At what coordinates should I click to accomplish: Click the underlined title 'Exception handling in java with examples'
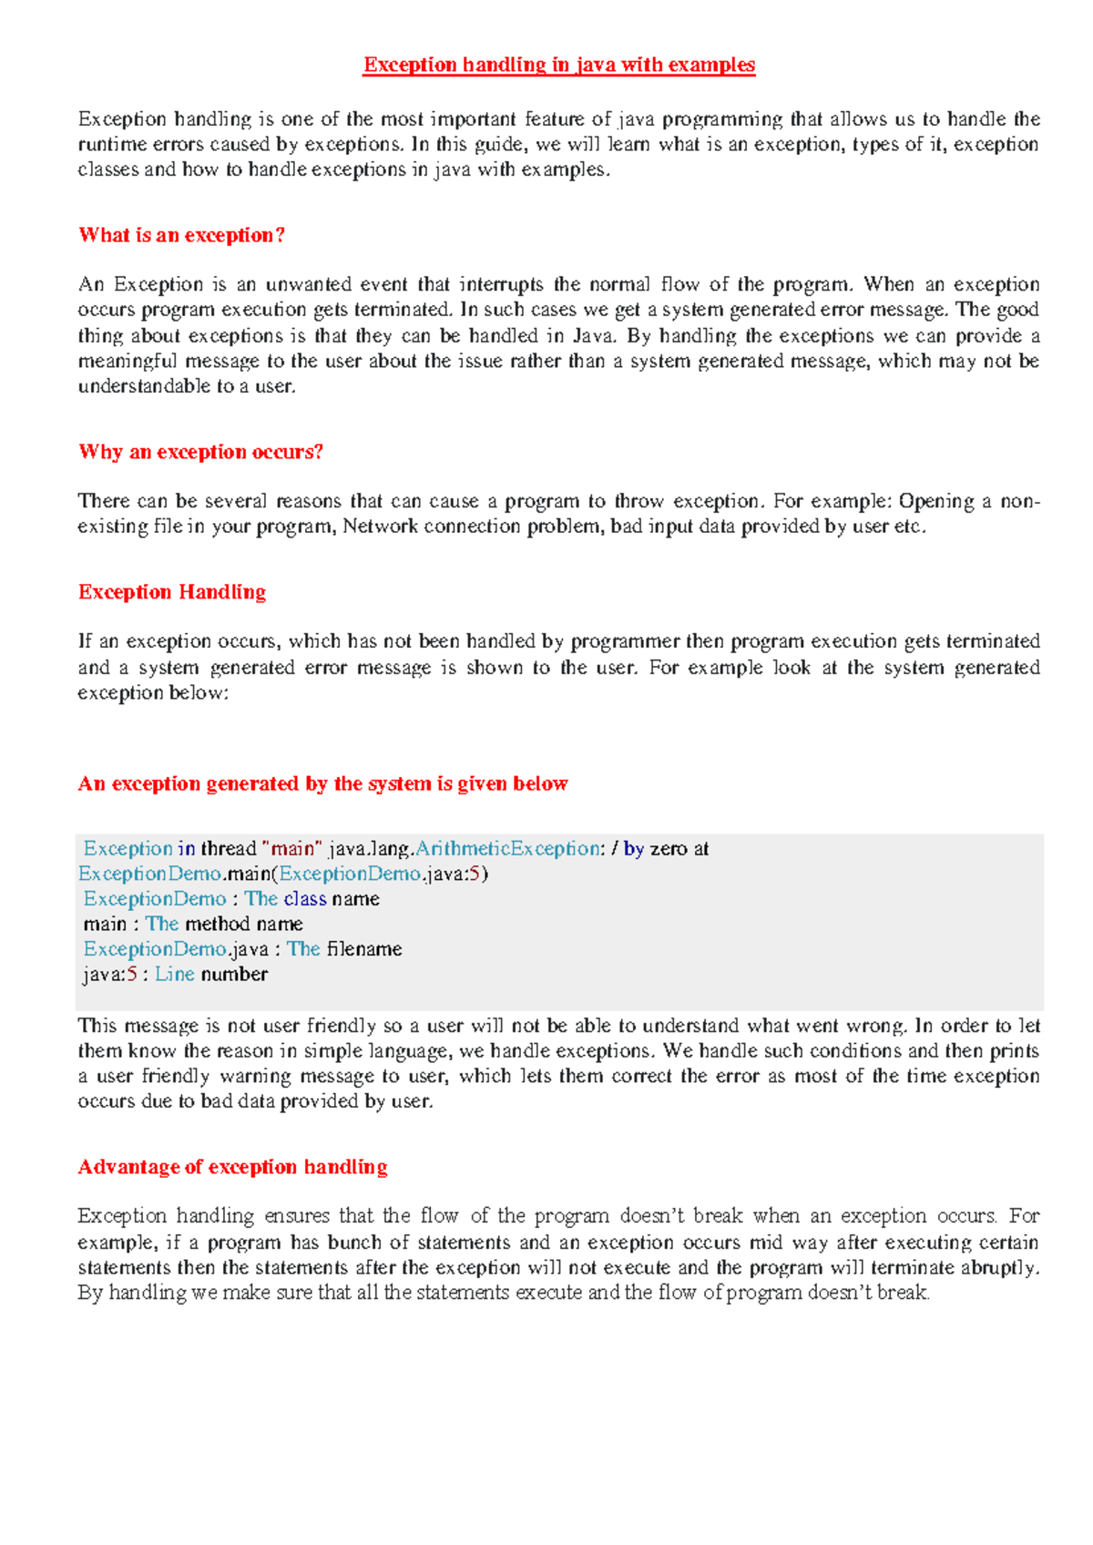559,65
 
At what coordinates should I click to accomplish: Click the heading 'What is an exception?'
182,235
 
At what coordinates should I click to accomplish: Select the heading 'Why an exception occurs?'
201,452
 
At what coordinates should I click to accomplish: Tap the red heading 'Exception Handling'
172,592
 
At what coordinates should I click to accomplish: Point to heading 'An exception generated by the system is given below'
322,783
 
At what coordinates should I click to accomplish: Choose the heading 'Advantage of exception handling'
233,1167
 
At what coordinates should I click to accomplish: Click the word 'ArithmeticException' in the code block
507,848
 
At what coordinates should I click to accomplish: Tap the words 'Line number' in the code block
211,974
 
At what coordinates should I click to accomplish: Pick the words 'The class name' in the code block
312,898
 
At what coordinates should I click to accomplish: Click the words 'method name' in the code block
244,924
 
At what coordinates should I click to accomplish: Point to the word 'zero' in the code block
669,848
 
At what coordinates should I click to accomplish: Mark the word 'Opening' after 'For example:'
936,501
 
